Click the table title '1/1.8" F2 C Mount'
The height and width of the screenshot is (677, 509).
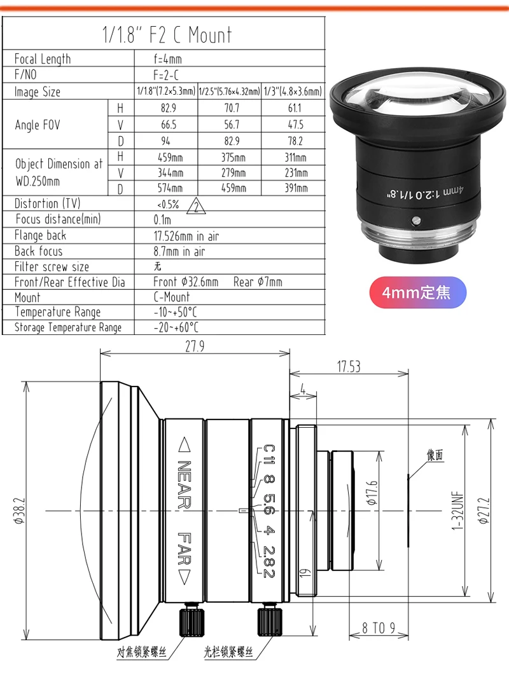167,34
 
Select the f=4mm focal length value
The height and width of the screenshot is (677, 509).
167,58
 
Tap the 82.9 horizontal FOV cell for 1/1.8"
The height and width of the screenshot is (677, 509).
169,108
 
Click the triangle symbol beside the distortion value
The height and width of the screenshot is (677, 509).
196,206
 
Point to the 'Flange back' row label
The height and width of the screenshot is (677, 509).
40,235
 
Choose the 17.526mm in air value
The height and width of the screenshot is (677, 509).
186,236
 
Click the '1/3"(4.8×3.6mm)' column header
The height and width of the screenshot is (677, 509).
293,92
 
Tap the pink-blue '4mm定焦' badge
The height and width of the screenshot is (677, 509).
417,293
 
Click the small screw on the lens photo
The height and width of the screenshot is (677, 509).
415,221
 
